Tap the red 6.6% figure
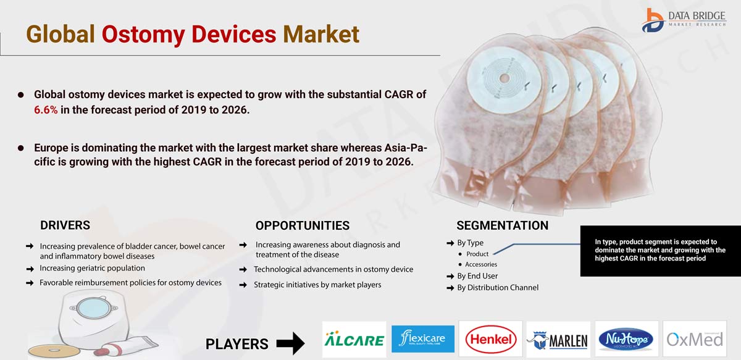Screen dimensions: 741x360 point(46,110)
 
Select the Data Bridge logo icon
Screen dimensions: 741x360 point(653,20)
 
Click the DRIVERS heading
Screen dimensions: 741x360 point(65,225)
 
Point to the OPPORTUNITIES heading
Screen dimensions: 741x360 point(303,225)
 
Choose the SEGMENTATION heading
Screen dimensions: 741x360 point(503,225)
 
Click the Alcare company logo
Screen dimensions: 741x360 point(354,339)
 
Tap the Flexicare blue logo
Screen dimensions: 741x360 point(423,339)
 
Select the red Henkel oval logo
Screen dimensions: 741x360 point(491,340)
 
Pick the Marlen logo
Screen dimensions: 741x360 point(558,340)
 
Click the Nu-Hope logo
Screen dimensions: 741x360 point(626,340)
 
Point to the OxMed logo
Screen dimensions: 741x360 point(695,340)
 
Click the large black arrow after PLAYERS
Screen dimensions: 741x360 point(290,343)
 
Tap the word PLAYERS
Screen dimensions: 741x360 point(237,344)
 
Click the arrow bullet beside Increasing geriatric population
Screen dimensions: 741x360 point(30,269)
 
